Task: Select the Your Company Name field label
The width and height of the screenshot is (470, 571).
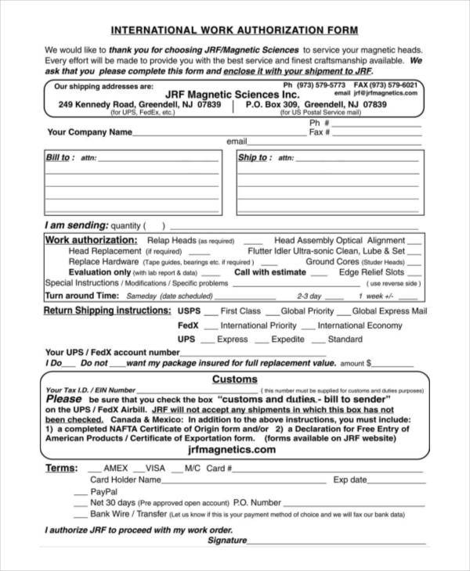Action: tap(89, 132)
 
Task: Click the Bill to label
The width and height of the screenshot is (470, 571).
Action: tap(60, 157)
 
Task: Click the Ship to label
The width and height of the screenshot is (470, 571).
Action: tap(253, 157)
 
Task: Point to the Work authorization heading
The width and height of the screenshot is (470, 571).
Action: tap(91, 239)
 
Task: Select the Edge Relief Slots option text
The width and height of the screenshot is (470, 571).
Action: tap(371, 272)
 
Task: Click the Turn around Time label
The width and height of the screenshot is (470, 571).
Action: tap(81, 296)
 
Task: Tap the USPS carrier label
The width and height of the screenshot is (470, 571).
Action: tap(189, 311)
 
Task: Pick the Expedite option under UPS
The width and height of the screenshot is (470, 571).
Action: tap(287, 339)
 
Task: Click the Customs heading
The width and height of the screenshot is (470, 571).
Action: tap(234, 379)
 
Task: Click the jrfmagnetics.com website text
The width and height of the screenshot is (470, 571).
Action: tap(233, 450)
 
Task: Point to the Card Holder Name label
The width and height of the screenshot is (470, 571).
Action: tap(125, 479)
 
